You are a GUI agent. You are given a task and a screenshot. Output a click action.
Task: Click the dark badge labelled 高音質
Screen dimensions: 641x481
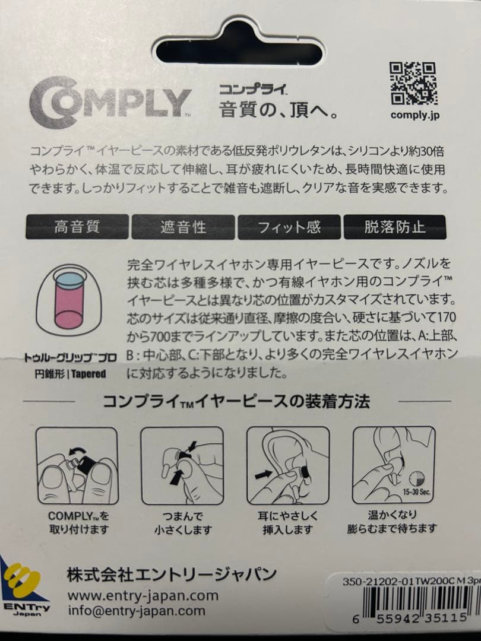tap(77, 227)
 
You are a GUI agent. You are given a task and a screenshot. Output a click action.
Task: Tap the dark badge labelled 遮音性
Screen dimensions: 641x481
tap(183, 227)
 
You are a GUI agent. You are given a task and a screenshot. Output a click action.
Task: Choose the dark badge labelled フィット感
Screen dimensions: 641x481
tap(289, 227)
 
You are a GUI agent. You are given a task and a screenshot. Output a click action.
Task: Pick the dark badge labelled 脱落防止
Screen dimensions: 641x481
tap(395, 227)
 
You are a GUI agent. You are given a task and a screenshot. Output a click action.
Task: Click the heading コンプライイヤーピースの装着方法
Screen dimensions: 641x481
tap(236, 402)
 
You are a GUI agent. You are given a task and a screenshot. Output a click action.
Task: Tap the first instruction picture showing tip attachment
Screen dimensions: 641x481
tap(77, 465)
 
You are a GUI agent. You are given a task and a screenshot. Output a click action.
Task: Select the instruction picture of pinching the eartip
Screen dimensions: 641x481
tap(182, 465)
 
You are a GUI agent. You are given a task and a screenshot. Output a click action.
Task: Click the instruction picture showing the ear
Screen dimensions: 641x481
tap(288, 465)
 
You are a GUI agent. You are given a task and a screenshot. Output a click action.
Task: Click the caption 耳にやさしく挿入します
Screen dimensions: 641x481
tap(288, 522)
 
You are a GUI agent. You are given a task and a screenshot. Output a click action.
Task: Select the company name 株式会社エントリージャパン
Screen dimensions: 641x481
tap(172, 574)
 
